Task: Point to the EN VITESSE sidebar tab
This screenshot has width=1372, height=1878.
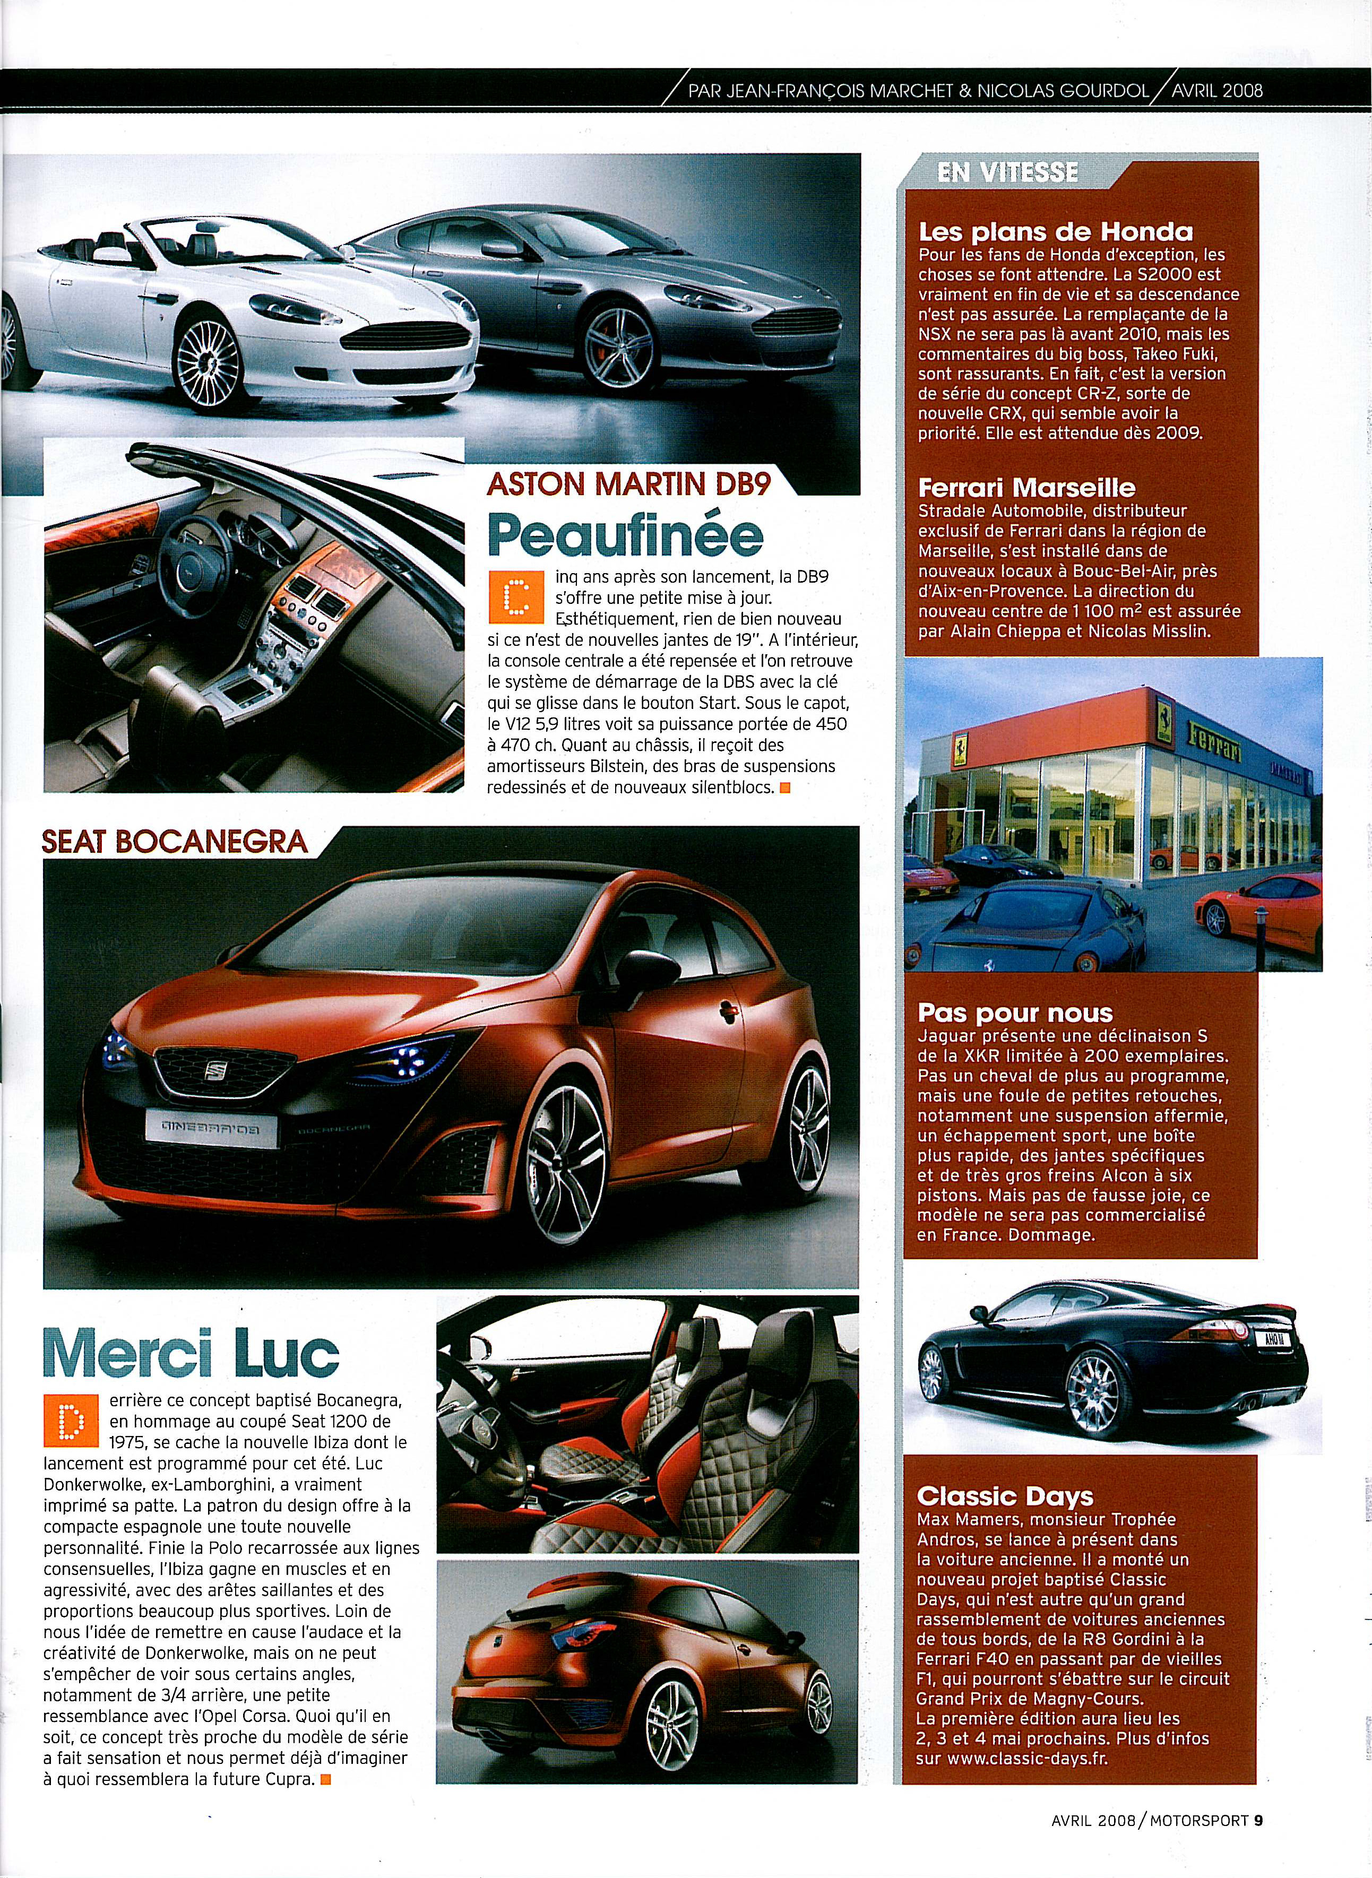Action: pyautogui.click(x=1007, y=172)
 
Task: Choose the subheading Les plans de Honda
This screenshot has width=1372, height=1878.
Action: pyautogui.click(x=1055, y=232)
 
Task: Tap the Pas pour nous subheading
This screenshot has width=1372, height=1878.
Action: pyautogui.click(x=1015, y=1013)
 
